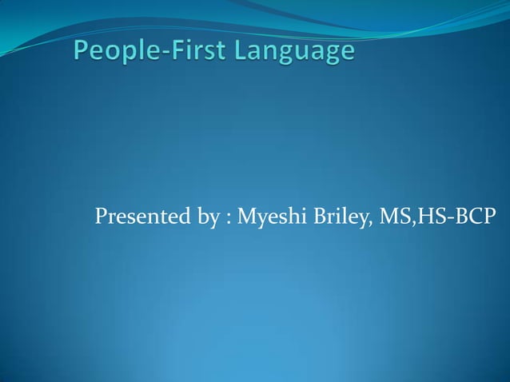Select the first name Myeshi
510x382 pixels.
[268, 217]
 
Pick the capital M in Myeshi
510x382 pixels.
[245, 217]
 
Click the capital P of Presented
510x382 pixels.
[100, 217]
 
